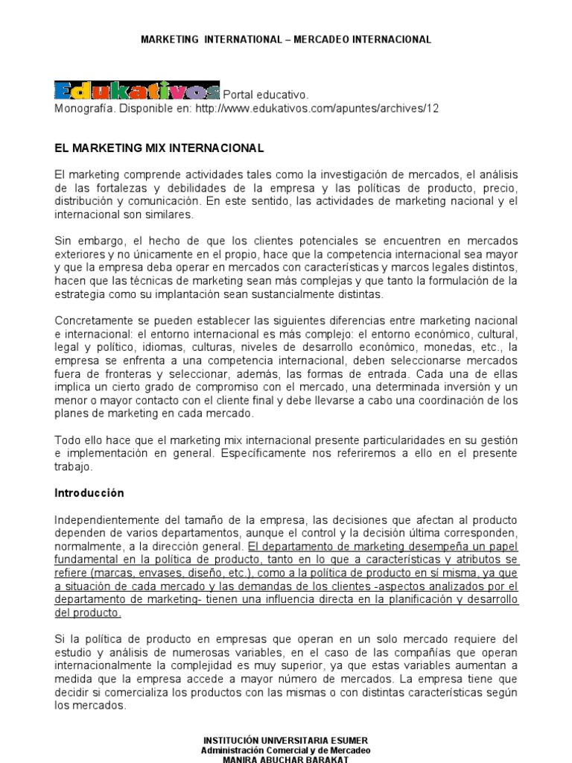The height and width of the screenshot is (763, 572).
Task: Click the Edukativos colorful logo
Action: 137,91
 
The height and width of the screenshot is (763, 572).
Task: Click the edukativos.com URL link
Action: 317,108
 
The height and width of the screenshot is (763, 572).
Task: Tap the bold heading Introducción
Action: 89,493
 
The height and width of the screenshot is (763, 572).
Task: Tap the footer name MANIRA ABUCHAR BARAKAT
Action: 285,759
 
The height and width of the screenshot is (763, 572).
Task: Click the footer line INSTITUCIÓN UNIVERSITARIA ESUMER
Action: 285,740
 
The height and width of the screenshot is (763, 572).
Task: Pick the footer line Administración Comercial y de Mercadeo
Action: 285,750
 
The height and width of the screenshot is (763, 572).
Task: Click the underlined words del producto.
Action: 88,612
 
